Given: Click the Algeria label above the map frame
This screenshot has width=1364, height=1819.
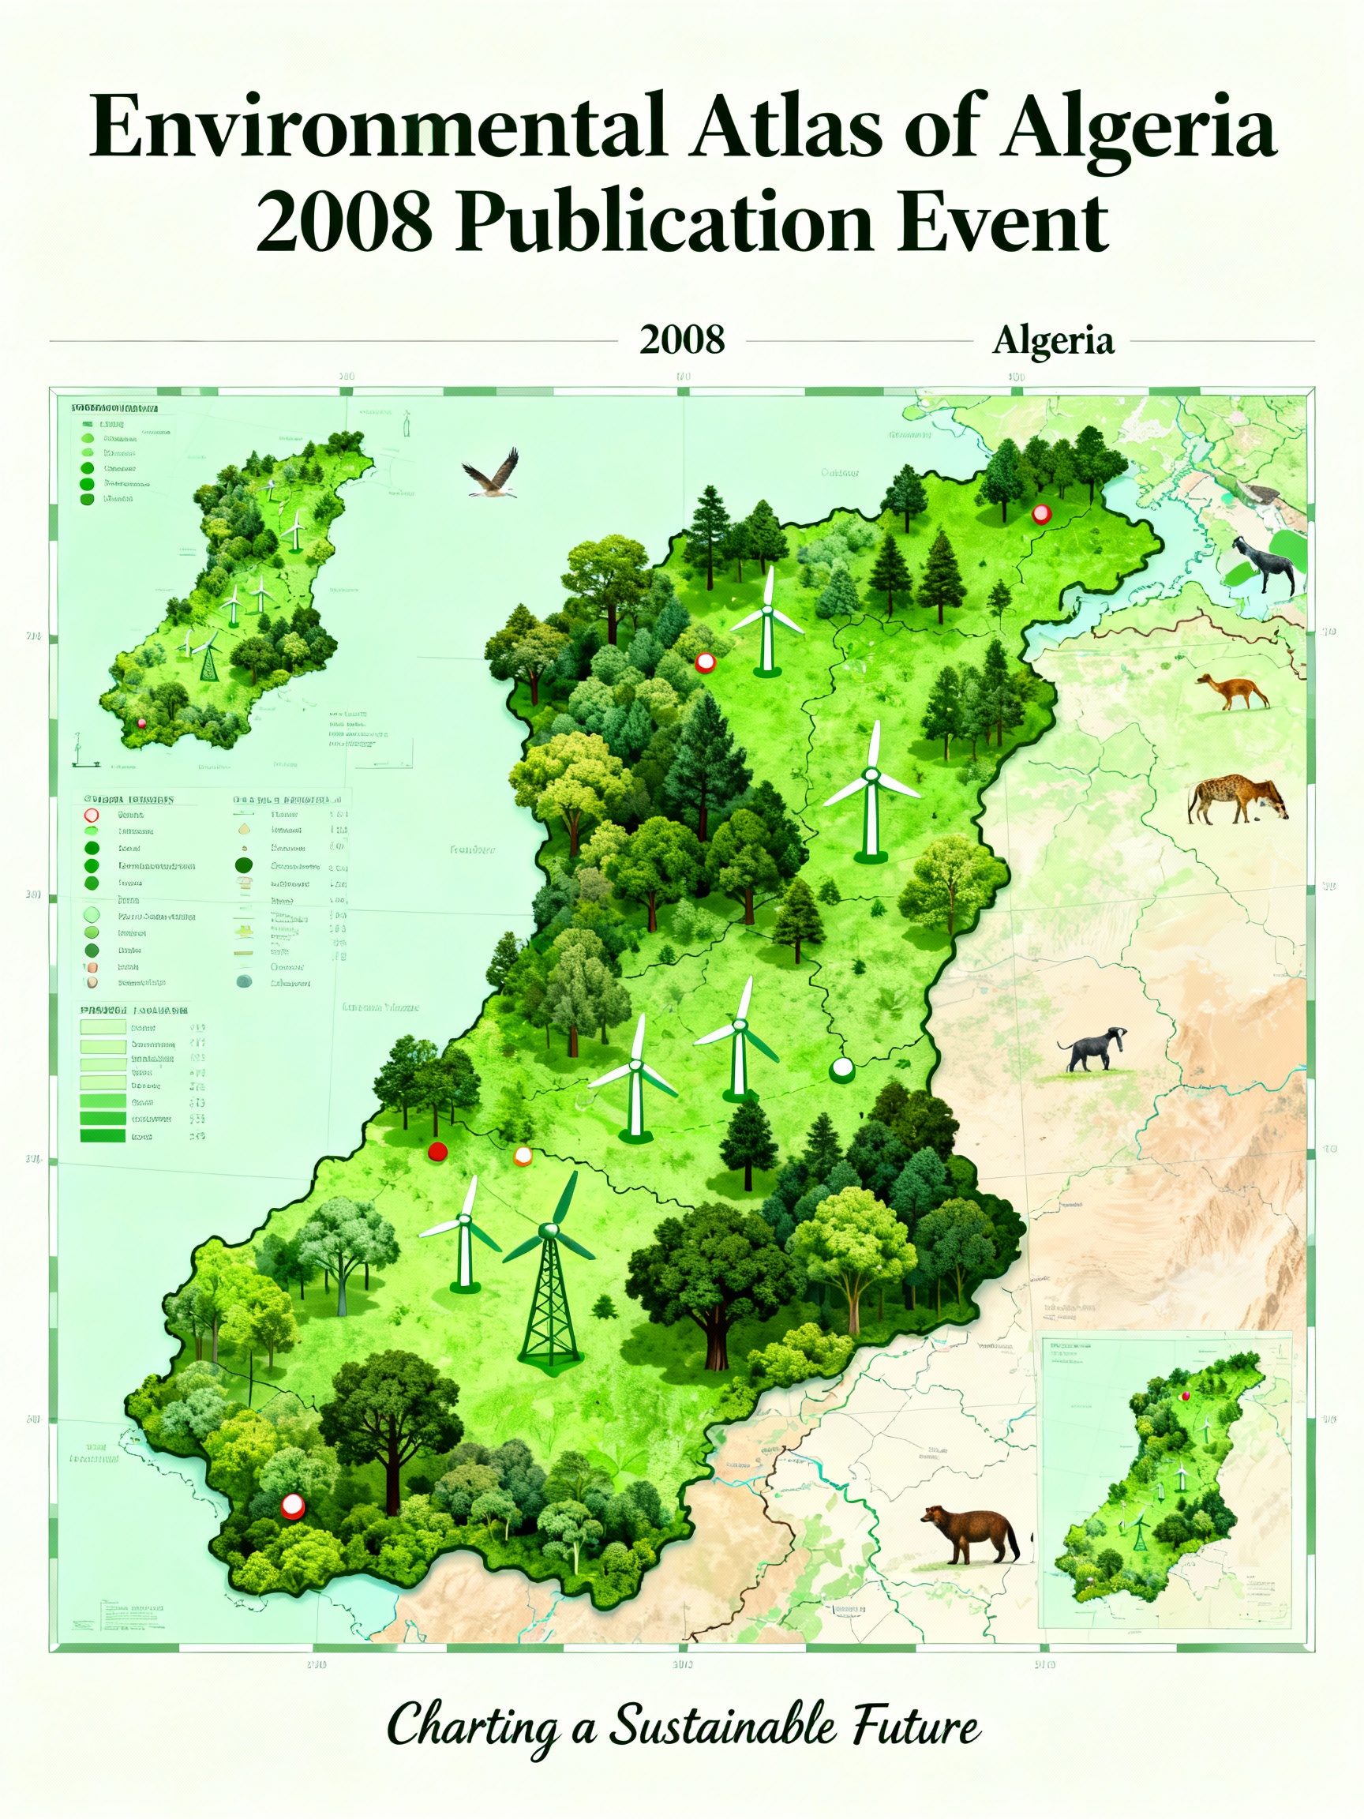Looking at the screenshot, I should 1052,339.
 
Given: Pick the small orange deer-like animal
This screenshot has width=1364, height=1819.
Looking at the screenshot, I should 1231,691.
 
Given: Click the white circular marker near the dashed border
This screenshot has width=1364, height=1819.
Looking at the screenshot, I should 843,1069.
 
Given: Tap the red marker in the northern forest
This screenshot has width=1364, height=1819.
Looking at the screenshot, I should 1041,515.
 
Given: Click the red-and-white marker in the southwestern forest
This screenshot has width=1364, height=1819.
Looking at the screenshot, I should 293,1506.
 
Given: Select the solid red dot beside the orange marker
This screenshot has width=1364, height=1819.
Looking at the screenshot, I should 437,1151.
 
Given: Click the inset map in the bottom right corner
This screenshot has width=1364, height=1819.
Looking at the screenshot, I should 1166,1480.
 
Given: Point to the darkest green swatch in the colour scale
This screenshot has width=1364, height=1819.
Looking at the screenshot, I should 103,1135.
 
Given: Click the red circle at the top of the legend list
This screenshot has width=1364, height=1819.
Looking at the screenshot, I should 92,815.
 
